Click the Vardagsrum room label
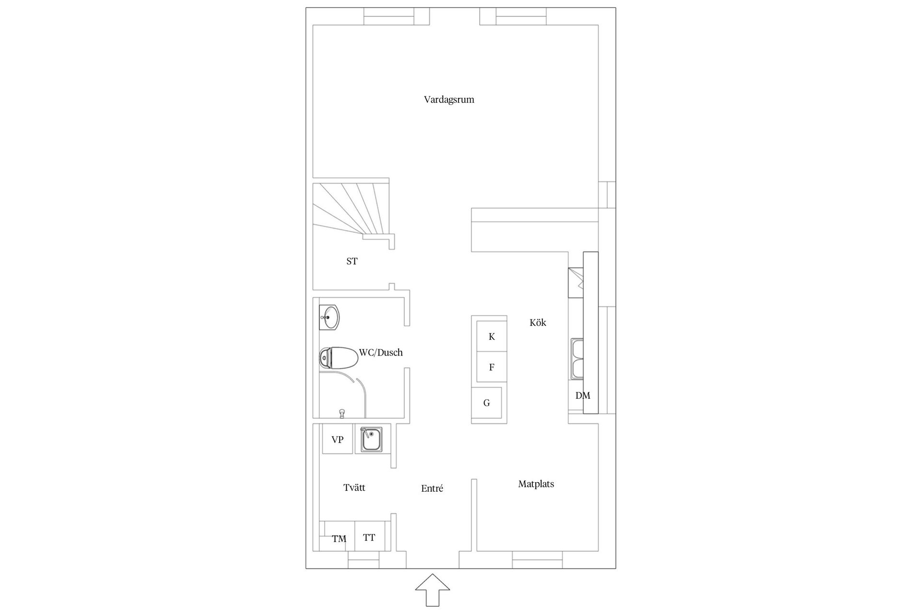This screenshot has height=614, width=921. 449,100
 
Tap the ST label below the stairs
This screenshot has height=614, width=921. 352,261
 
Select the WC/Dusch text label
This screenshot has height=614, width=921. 381,353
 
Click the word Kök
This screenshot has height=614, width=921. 538,323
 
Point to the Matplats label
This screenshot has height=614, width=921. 536,484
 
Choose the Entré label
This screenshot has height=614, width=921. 432,488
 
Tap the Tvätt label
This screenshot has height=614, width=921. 354,488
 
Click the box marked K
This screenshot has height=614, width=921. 492,336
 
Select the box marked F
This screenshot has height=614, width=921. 492,367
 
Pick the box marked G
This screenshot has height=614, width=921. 487,403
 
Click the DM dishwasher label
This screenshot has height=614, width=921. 582,396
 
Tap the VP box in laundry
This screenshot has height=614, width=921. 337,439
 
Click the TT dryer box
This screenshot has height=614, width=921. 369,537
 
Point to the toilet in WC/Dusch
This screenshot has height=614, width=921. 338,357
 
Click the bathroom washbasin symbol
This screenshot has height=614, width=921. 329,318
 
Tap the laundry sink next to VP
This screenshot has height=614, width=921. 372,439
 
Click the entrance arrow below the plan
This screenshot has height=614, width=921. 433,590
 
